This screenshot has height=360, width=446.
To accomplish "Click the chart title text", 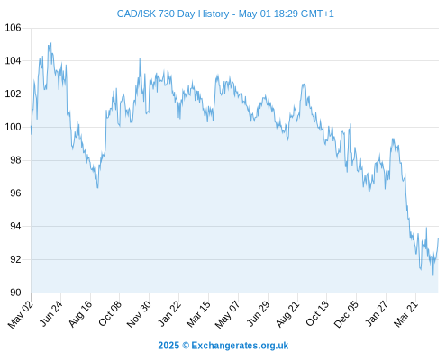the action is point(225,13).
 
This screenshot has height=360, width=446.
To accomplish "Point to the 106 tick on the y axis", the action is point(14,28).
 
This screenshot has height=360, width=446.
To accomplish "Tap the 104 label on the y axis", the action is point(14,61).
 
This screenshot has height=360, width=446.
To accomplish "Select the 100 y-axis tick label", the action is point(14,127).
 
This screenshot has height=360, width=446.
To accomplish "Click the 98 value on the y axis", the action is point(15,160).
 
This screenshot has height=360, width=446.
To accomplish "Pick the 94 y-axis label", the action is point(15,226).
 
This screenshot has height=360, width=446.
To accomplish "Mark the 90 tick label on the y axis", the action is point(15,292).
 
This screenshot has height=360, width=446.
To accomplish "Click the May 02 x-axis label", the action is point(20,314).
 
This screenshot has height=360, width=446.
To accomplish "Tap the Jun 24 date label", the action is point(51,313).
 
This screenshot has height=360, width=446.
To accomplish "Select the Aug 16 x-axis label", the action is point(80,313).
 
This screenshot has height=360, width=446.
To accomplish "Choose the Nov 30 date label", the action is point(139,314).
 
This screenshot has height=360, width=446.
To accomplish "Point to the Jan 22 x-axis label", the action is point(169,313).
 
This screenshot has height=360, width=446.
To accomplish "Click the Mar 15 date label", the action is point(198,313).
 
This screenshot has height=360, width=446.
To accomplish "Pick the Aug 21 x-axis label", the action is point(287,313).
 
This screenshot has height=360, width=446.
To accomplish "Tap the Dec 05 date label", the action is point(346,314).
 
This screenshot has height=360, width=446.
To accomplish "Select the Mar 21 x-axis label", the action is point(405,313).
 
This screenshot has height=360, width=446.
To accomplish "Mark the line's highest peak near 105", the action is point(50,43).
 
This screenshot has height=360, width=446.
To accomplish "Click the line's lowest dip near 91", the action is point(432,275).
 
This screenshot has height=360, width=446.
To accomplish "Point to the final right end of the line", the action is point(438,238).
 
